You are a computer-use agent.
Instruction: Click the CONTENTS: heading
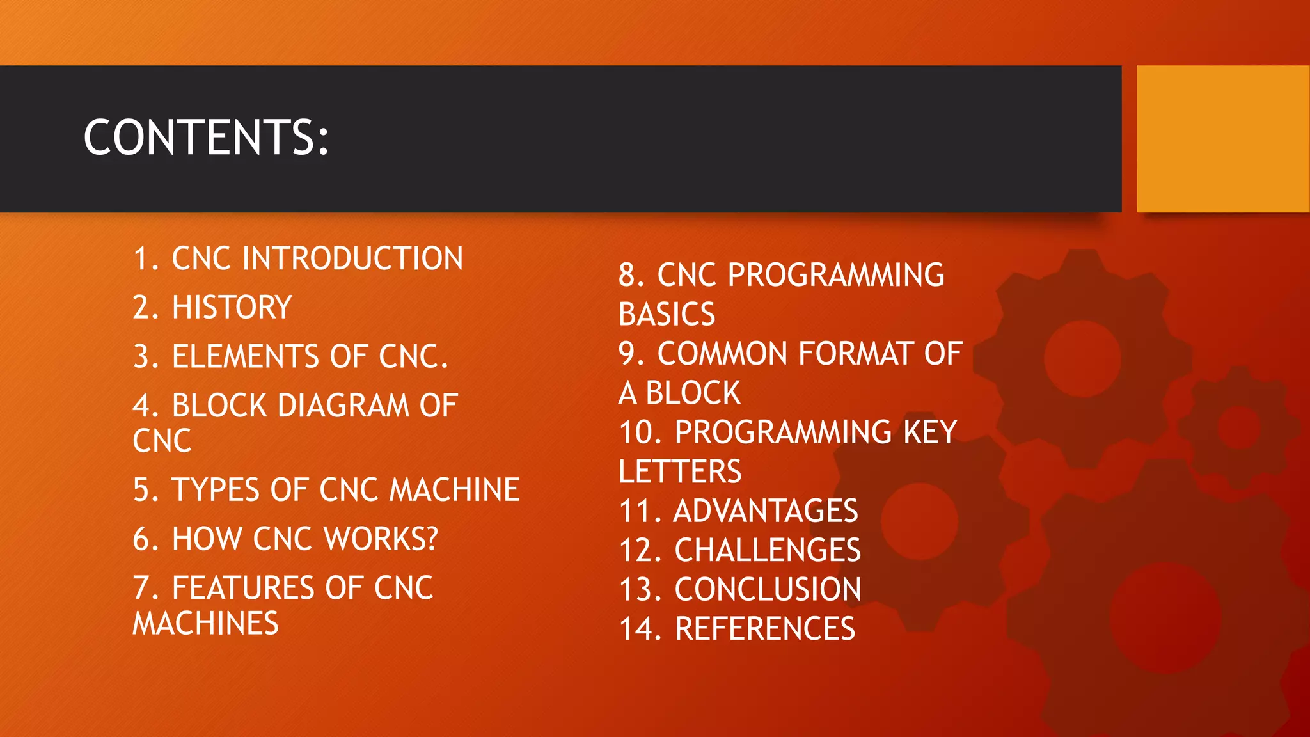[206, 138]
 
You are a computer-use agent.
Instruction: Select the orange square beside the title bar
[1222, 139]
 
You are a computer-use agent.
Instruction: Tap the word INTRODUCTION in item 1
[352, 258]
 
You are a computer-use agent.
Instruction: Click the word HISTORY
[232, 307]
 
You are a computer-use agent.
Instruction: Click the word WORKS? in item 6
[381, 539]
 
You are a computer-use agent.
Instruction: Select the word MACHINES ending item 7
[205, 623]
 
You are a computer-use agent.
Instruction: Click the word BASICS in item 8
[667, 314]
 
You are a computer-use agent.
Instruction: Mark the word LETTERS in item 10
[680, 472]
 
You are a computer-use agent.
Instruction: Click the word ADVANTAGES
[766, 511]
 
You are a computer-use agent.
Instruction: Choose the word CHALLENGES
[768, 550]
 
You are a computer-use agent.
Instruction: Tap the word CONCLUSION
[768, 589]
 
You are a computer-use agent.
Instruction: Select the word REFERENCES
[765, 628]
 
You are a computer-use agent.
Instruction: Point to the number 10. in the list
[641, 432]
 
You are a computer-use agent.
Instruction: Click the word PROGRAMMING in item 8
[836, 275]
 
